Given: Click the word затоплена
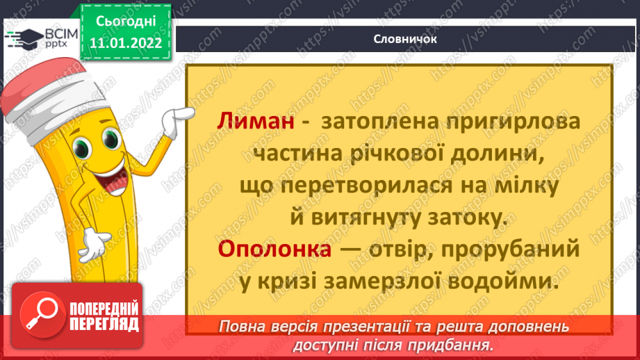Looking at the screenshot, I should point(372,121).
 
